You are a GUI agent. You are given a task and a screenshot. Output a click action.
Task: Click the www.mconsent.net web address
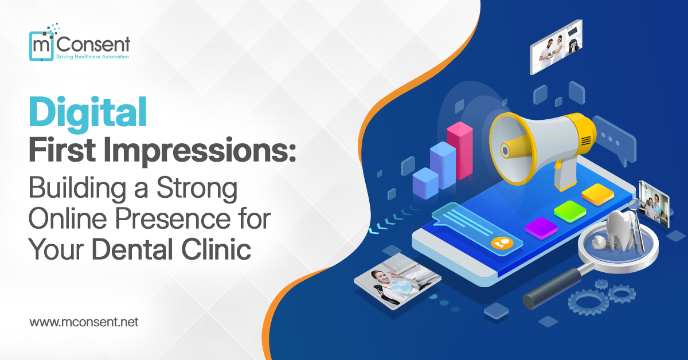click(84, 322)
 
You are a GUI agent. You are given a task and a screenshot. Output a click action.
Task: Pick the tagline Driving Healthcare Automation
click(92, 57)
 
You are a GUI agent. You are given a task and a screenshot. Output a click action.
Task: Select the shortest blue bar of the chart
click(425, 183)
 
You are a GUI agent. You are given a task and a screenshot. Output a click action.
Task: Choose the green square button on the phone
click(569, 210)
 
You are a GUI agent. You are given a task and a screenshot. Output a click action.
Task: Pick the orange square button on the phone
click(598, 194)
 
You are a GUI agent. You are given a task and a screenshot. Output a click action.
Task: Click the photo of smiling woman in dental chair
click(397, 281)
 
